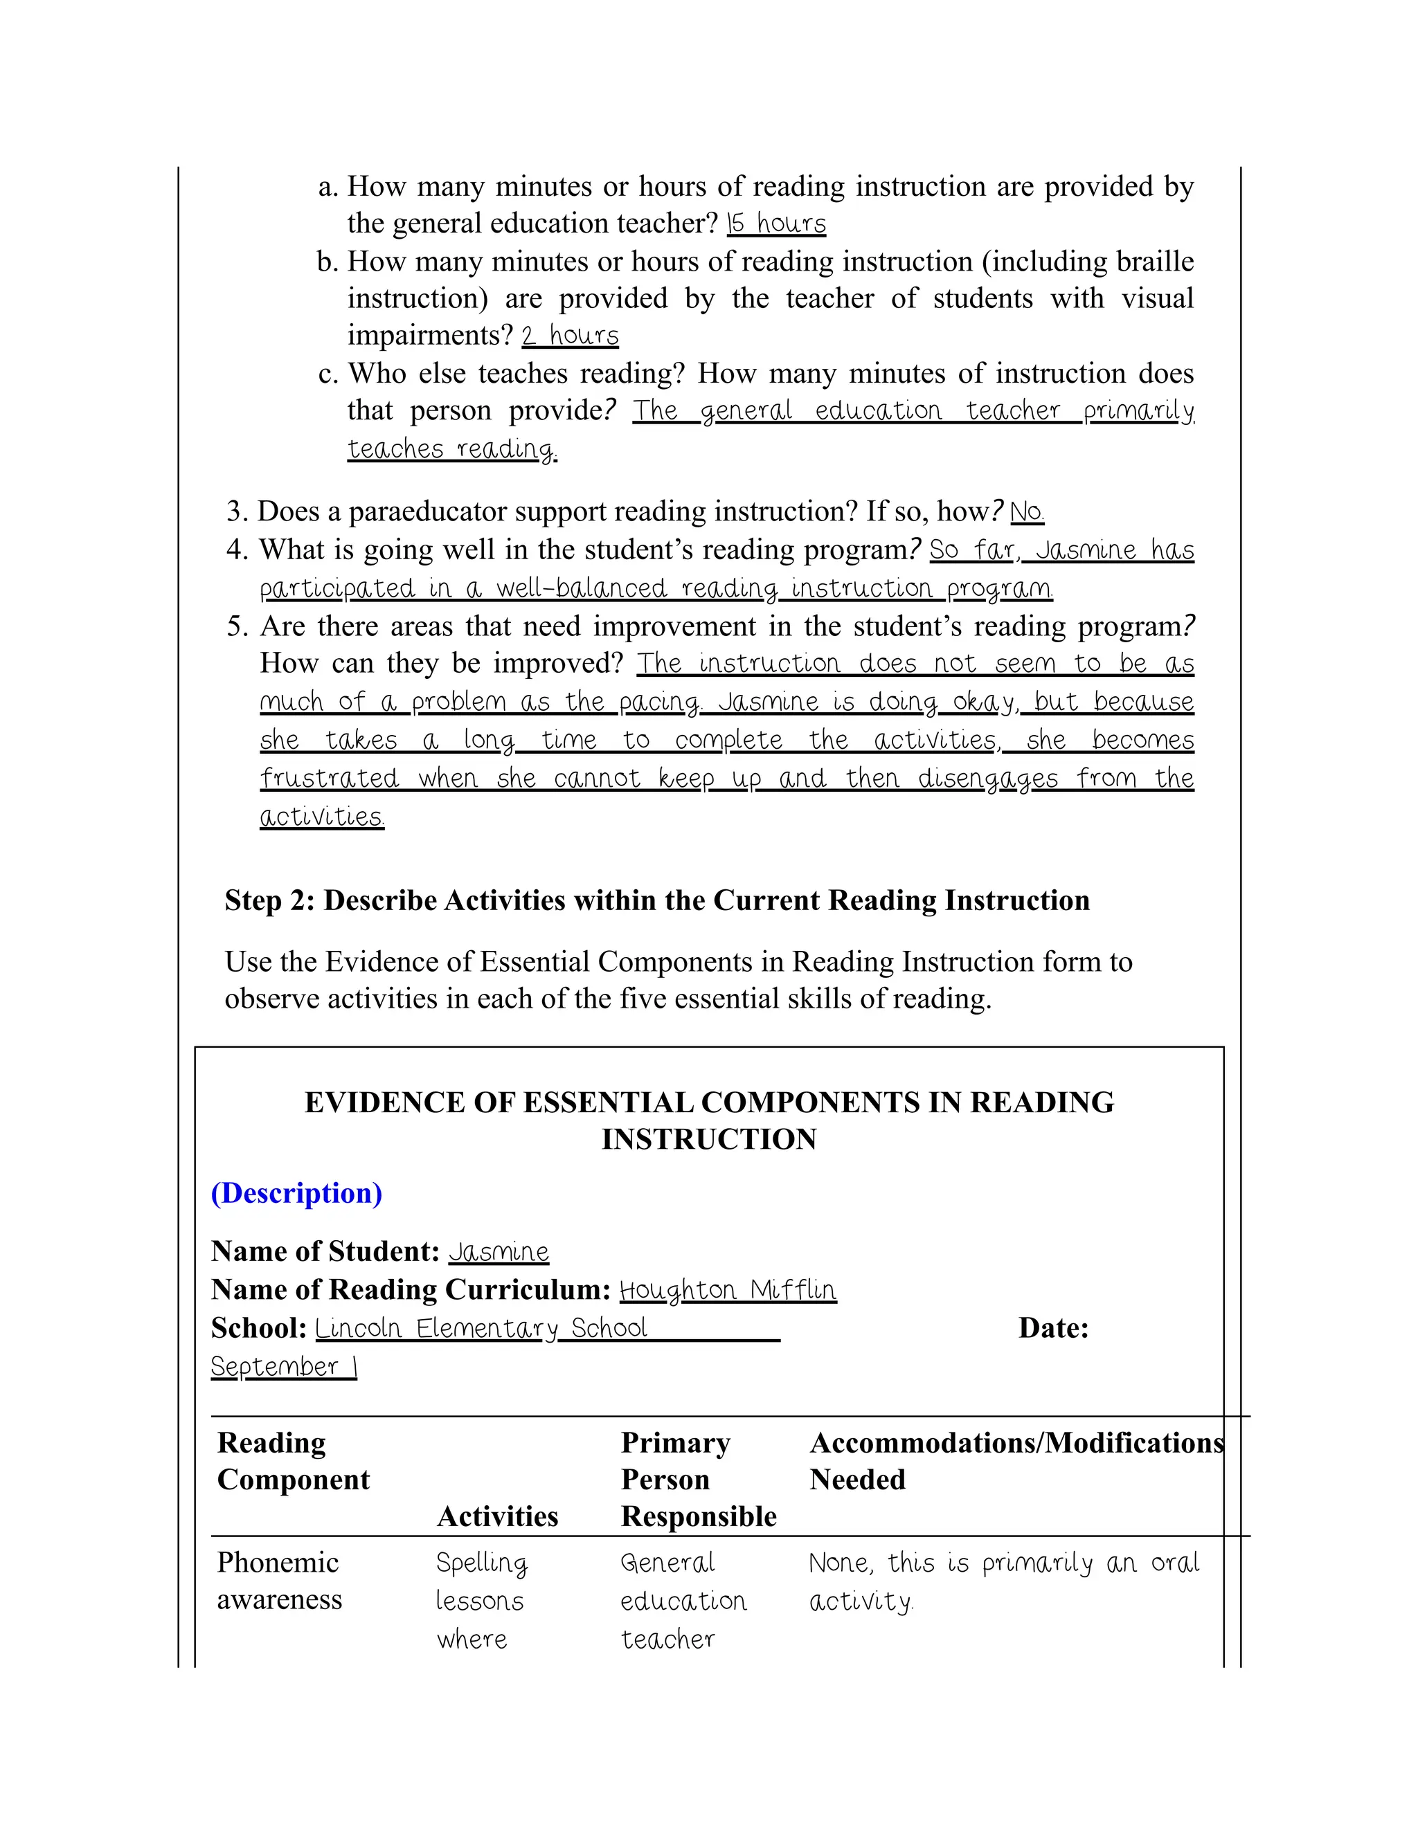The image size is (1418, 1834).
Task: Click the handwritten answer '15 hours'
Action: pyautogui.click(x=776, y=224)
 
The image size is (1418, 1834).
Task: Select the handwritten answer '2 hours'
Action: pyautogui.click(x=570, y=336)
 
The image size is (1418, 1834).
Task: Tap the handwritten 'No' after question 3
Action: pyautogui.click(x=1027, y=511)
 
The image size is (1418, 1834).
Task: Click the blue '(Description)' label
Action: pyautogui.click(x=296, y=1193)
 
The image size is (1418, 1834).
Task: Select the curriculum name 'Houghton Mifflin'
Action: pyautogui.click(x=728, y=1290)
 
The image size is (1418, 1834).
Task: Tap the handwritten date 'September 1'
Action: pyautogui.click(x=284, y=1366)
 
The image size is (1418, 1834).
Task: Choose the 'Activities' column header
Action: pyautogui.click(x=497, y=1516)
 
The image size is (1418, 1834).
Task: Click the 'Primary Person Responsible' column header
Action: pyautogui.click(x=698, y=1480)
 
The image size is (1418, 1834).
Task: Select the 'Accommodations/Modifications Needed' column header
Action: pyautogui.click(x=1016, y=1461)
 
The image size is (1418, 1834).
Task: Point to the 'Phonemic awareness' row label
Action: pyautogui.click(x=279, y=1581)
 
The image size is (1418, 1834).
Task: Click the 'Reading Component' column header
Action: pyautogui.click(x=293, y=1461)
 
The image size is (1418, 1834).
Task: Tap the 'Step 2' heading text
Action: pyautogui.click(x=657, y=900)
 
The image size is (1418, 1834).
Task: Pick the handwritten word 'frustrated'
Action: pyautogui.click(x=330, y=779)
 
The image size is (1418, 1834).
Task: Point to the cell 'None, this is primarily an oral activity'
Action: pyautogui.click(x=1003, y=1581)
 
